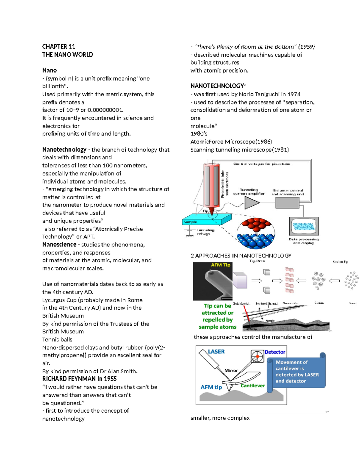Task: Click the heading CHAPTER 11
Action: pyautogui.click(x=58, y=47)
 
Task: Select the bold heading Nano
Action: pyautogui.click(x=49, y=70)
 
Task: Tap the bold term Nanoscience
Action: pyautogui.click(x=59, y=245)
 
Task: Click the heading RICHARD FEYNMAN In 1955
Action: pyautogui.click(x=79, y=379)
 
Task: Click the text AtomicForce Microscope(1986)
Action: pyautogui.click(x=231, y=142)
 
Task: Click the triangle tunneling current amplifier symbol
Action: pyautogui.click(x=251, y=203)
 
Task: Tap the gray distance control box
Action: pyautogui.click(x=287, y=203)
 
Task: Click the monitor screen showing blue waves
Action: pyautogui.click(x=304, y=226)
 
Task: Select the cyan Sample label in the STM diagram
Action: pyautogui.click(x=190, y=222)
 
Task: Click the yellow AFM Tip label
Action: pyautogui.click(x=220, y=265)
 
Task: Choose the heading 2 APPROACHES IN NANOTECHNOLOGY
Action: pyautogui.click(x=241, y=256)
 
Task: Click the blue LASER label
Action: pyautogui.click(x=216, y=352)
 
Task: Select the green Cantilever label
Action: pyautogui.click(x=253, y=386)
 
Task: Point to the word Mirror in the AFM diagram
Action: pyautogui.click(x=231, y=371)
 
